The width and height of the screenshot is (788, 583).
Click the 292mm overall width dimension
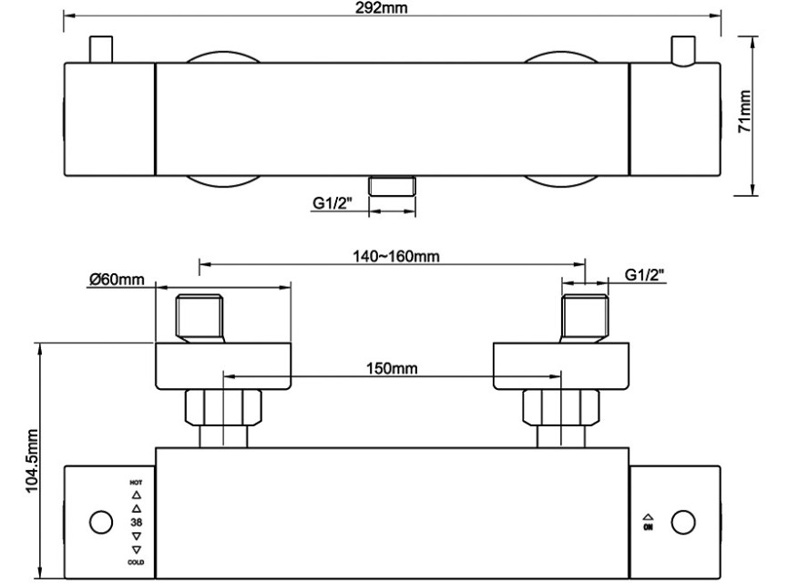pos(382,8)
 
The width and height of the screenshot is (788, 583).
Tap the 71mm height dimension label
pos(744,111)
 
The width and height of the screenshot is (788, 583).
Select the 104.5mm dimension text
pos(32,461)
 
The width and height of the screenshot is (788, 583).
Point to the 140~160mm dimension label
pos(396,256)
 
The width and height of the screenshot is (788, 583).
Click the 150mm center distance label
pos(392,368)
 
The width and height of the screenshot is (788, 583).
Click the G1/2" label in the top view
pos(333,203)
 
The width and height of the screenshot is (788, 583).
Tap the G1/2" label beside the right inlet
pos(645,275)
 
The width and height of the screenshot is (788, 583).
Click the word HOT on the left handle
pos(136,483)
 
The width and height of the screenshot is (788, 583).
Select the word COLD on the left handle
pos(136,562)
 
